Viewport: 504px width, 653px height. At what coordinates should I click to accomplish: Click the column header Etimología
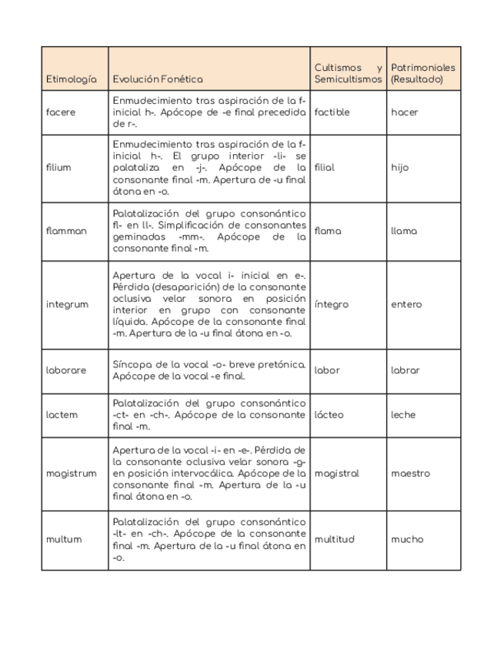coord(72,79)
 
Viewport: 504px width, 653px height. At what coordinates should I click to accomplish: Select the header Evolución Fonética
coord(158,79)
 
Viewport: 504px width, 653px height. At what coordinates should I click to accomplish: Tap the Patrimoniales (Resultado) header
coord(422,73)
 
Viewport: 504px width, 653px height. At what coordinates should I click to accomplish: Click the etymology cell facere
coord(61,112)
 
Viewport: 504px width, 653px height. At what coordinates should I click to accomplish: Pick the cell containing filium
coord(58,168)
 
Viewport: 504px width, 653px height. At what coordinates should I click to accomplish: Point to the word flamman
coord(66,231)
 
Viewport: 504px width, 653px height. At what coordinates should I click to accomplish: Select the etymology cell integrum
coord(67,304)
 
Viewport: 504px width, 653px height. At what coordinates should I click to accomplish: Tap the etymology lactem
coord(62,415)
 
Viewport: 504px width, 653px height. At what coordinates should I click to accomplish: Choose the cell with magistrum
coord(72,474)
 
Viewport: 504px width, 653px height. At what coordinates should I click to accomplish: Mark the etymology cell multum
coord(63,540)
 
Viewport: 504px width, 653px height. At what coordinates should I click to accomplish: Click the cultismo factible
coord(332,112)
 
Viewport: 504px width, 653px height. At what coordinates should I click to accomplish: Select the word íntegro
coord(332,304)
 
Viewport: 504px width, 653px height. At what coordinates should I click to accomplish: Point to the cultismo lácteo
coord(329,415)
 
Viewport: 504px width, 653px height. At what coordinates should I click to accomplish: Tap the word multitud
coord(335,540)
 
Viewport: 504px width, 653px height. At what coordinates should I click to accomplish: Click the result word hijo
coord(400,168)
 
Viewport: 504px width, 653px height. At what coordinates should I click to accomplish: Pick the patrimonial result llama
coord(404,231)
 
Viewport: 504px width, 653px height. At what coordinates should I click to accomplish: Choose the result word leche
coord(403,415)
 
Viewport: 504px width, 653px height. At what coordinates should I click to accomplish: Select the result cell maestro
coord(410,474)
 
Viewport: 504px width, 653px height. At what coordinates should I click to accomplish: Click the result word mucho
coord(407,540)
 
